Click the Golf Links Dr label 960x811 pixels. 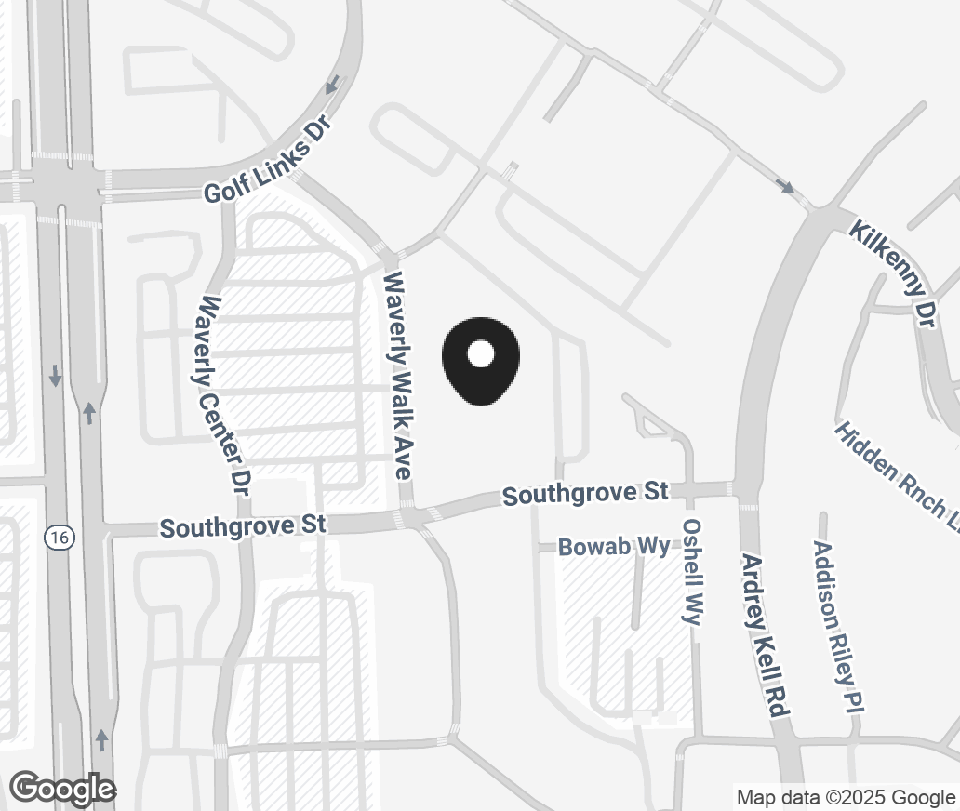pyautogui.click(x=269, y=162)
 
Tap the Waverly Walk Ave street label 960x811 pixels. pyautogui.click(x=398, y=375)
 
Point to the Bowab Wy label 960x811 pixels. pyautogui.click(x=613, y=547)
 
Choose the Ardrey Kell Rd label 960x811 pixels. pyautogui.click(x=766, y=633)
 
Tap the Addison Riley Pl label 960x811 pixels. pyautogui.click(x=834, y=627)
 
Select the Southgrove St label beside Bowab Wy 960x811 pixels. pyautogui.click(x=586, y=493)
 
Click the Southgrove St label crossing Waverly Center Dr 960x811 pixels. pyautogui.click(x=243, y=526)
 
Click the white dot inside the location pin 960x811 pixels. pyautogui.click(x=481, y=353)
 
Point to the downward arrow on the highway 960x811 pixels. pyautogui.click(x=56, y=376)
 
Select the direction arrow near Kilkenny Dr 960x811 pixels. pyautogui.click(x=786, y=187)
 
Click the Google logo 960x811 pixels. pyautogui.click(x=62, y=789)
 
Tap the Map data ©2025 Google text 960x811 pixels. pyautogui.click(x=846, y=797)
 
